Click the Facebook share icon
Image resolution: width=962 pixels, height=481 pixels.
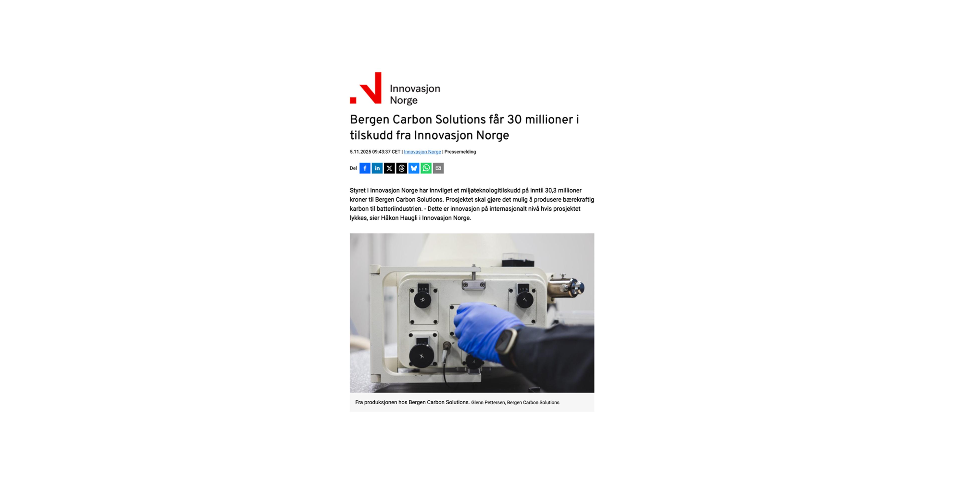pos(365,168)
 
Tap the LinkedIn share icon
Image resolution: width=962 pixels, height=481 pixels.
pos(377,168)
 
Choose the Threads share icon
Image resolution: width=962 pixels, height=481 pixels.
pos(401,168)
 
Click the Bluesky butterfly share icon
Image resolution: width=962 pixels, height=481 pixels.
pos(414,168)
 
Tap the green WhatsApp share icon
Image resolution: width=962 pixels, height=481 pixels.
pos(426,168)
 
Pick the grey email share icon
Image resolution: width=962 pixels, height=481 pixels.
pos(438,168)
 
